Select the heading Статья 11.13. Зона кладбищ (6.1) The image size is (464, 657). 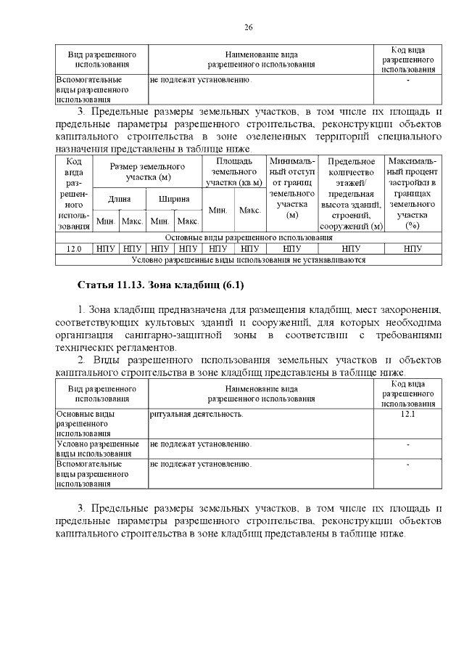[x=164, y=284]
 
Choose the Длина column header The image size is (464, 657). [x=120, y=198]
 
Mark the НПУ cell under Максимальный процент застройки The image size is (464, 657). [x=413, y=248]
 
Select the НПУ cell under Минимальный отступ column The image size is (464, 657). [x=291, y=248]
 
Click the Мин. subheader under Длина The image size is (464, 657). [x=106, y=221]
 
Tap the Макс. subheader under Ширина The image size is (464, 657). [x=188, y=221]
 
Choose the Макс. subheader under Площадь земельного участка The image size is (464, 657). [x=249, y=210]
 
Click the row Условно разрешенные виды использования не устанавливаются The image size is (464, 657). [x=248, y=259]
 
